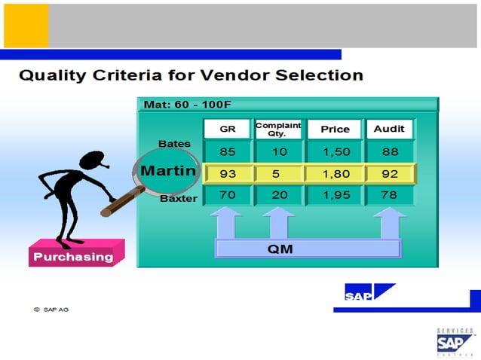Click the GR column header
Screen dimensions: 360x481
228,129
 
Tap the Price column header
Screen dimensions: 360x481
335,129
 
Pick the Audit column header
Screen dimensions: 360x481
389,129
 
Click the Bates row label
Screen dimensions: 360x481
174,143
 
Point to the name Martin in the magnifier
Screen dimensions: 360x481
168,171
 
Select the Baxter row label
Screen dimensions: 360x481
178,199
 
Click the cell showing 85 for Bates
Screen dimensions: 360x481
228,151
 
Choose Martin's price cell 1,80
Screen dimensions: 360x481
335,174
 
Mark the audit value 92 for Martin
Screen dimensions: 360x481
389,174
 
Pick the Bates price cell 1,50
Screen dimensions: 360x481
335,151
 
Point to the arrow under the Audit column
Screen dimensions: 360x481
389,223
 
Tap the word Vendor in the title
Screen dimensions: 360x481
228,75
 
